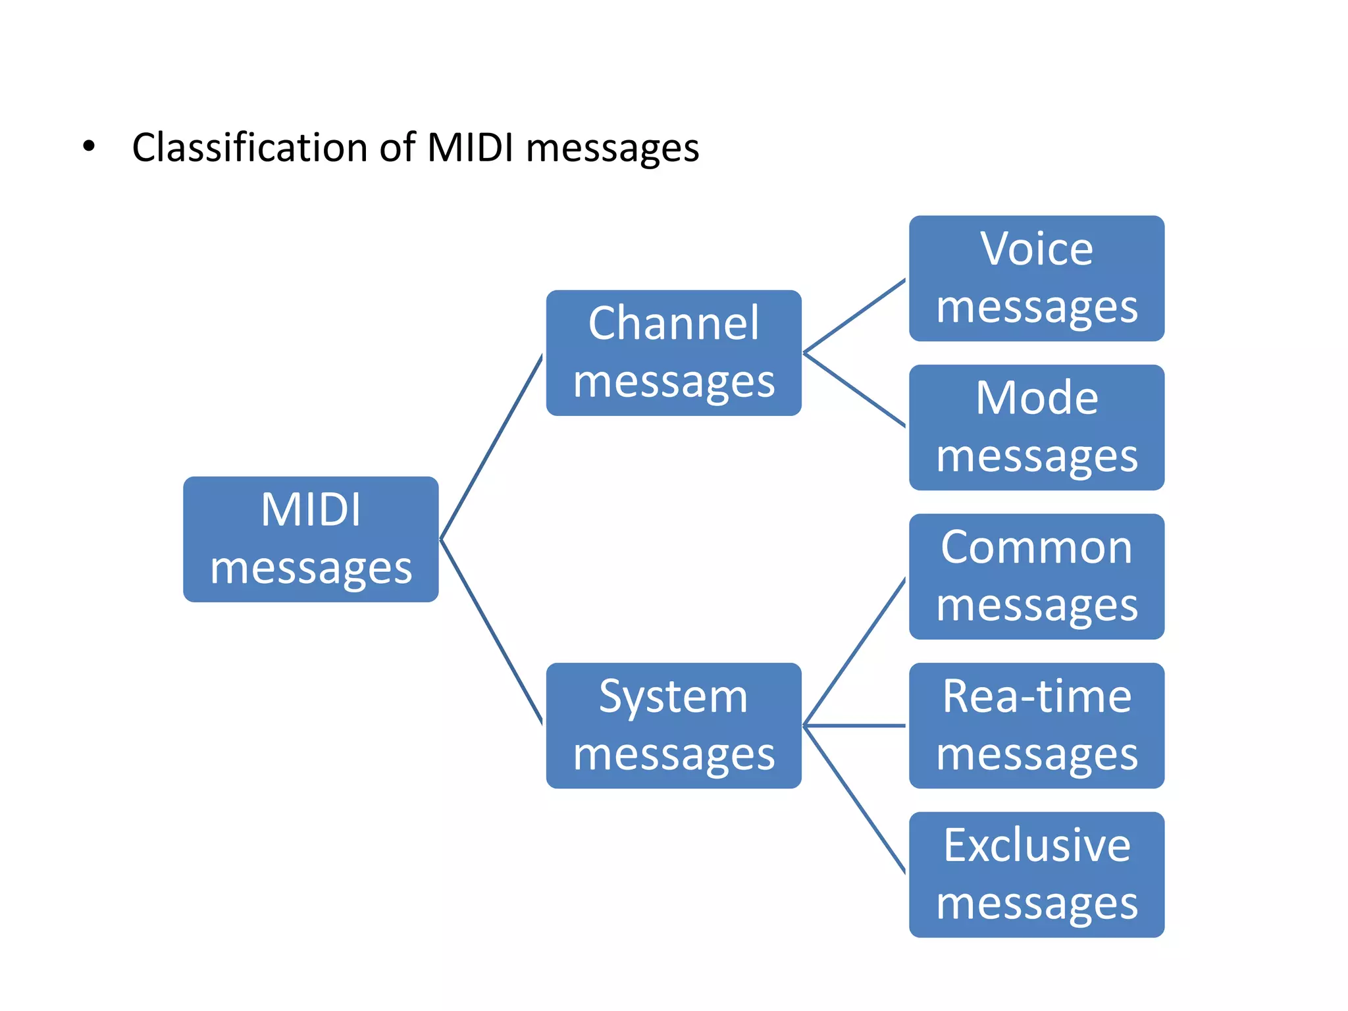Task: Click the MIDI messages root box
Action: (311, 539)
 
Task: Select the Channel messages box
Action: (673, 353)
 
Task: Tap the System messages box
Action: (673, 725)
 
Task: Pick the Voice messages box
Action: (1036, 278)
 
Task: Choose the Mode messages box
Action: (1036, 427)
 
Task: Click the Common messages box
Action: (1036, 577)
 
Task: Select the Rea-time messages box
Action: (1036, 725)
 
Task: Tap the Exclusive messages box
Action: (1036, 875)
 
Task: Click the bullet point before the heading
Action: (89, 147)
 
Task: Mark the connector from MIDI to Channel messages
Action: (491, 448)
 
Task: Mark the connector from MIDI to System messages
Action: (491, 632)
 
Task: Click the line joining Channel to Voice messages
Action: (854, 316)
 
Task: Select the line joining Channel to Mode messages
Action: (854, 390)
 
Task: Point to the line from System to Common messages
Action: (854, 652)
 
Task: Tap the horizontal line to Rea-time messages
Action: (854, 725)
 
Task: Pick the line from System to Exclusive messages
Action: (854, 799)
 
